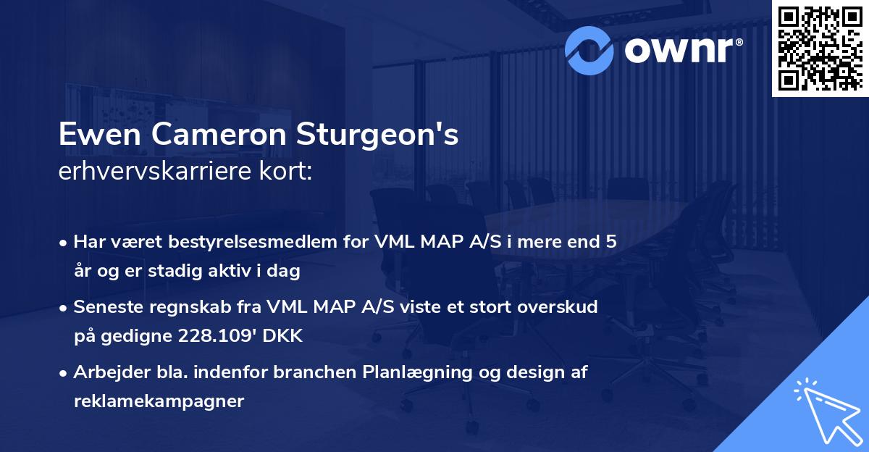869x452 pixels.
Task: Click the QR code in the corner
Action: [x=820, y=49]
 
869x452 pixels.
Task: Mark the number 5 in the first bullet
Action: [x=611, y=242]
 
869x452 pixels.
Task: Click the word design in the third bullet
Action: [x=535, y=372]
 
